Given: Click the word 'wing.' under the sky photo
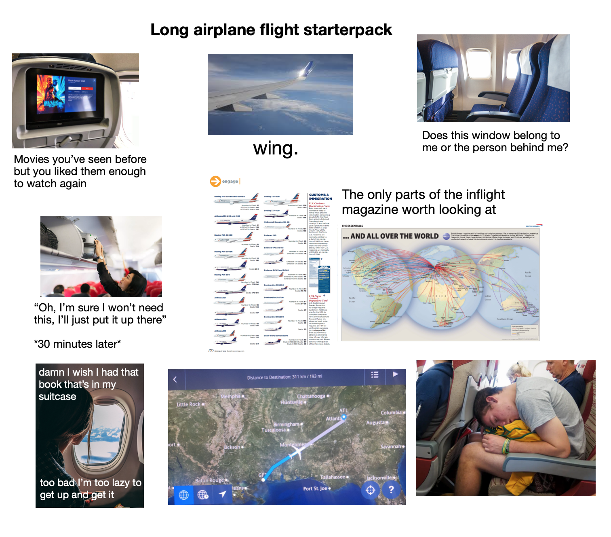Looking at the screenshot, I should pyautogui.click(x=276, y=148).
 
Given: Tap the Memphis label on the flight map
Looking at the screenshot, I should pyautogui.click(x=231, y=396).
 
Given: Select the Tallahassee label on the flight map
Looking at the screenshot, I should pyautogui.click(x=333, y=477).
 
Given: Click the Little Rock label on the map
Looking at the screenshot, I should pyautogui.click(x=188, y=404).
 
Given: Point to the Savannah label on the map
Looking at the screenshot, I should pyautogui.click(x=391, y=446).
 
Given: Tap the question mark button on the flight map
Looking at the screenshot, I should pyautogui.click(x=391, y=490).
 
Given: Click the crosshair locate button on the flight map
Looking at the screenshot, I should pyautogui.click(x=370, y=490).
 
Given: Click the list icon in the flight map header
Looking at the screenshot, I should pyautogui.click(x=375, y=374).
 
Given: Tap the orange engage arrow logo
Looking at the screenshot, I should pyautogui.click(x=215, y=181).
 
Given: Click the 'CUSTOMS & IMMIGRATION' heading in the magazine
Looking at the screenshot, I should pyautogui.click(x=320, y=197).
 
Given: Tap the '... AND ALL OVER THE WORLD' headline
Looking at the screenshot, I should pyautogui.click(x=391, y=236).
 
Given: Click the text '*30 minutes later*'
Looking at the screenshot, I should pyautogui.click(x=78, y=344).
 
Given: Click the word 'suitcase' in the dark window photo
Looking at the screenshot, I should pyautogui.click(x=57, y=397).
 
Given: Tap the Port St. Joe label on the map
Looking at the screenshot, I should pyautogui.click(x=315, y=488).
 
